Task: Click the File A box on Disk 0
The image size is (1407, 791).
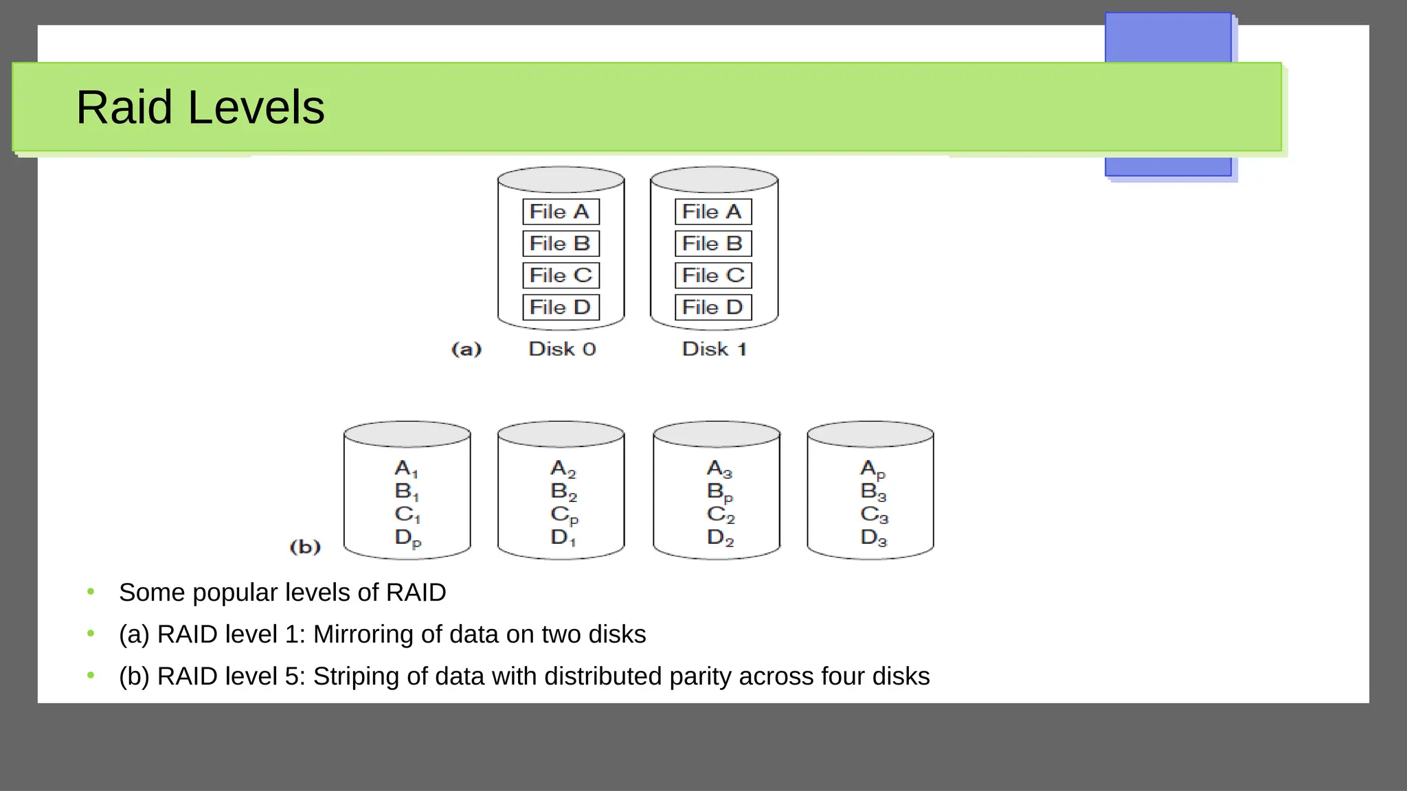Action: [x=561, y=211]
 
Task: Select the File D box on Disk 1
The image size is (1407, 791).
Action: [x=713, y=307]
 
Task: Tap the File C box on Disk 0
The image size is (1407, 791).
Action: [x=561, y=275]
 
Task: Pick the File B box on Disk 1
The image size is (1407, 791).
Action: [x=713, y=244]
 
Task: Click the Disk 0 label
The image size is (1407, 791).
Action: [x=562, y=349]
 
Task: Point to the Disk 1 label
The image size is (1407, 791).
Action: [x=714, y=349]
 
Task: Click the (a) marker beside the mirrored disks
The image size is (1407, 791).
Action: [x=466, y=349]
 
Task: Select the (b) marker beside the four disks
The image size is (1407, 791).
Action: [x=305, y=547]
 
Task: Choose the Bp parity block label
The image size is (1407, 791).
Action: [x=720, y=492]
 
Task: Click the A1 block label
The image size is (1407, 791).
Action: [x=406, y=469]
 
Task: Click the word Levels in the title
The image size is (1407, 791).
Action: [x=256, y=108]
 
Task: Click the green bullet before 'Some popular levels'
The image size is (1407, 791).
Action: [x=91, y=592]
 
